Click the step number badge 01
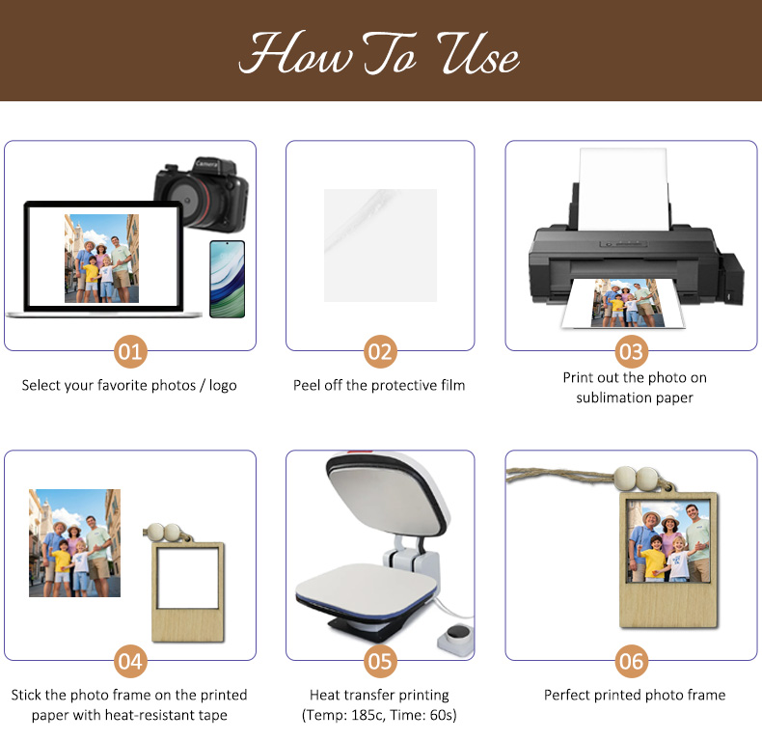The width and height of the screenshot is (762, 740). pyautogui.click(x=130, y=351)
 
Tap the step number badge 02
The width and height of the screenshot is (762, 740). pyautogui.click(x=380, y=351)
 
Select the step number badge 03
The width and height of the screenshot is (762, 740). pyautogui.click(x=631, y=351)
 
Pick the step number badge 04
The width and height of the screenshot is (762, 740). pyautogui.click(x=130, y=661)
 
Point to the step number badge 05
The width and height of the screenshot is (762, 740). pyautogui.click(x=380, y=661)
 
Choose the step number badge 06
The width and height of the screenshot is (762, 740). pyautogui.click(x=631, y=661)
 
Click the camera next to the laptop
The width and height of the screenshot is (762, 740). pyautogui.click(x=202, y=195)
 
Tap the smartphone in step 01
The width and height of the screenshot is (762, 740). pyautogui.click(x=227, y=279)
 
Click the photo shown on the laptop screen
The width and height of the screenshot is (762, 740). pyautogui.click(x=101, y=259)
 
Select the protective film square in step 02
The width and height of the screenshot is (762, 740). pyautogui.click(x=380, y=245)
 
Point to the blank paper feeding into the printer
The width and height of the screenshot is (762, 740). pyautogui.click(x=623, y=190)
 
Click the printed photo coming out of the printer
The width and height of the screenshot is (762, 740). pyautogui.click(x=623, y=303)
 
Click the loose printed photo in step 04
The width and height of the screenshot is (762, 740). pyautogui.click(x=75, y=543)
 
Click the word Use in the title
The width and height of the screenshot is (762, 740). pyautogui.click(x=478, y=55)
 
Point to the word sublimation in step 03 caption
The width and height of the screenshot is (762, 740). pyautogui.click(x=613, y=397)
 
